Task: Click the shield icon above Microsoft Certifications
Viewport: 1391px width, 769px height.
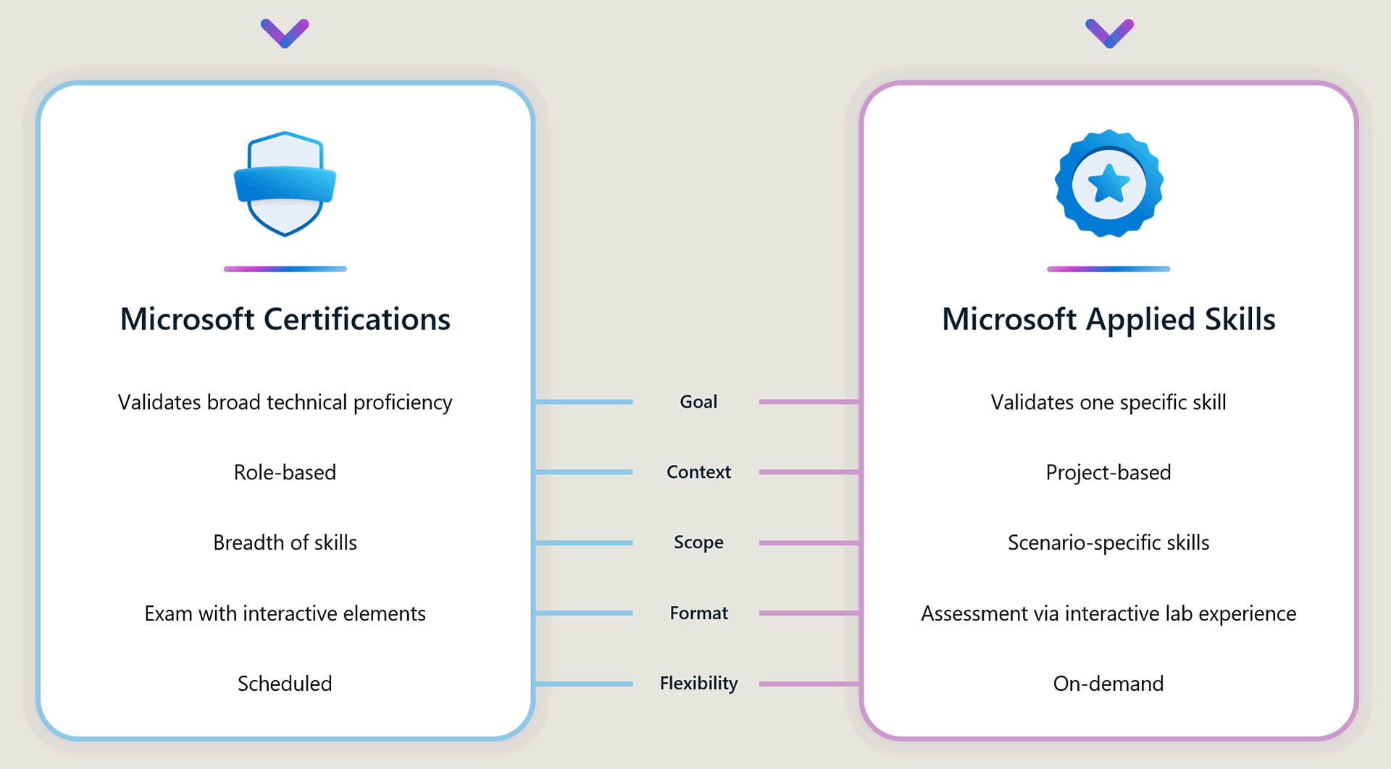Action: click(x=285, y=184)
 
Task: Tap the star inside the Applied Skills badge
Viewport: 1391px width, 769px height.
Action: click(x=1108, y=184)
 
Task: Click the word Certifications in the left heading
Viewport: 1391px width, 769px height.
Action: click(x=356, y=319)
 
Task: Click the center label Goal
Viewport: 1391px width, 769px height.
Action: click(x=698, y=402)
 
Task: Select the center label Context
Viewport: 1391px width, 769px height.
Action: click(x=698, y=472)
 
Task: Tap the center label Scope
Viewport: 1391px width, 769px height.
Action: click(x=698, y=542)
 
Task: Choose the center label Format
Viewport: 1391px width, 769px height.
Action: click(x=698, y=613)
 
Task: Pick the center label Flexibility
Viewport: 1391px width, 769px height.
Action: click(x=698, y=684)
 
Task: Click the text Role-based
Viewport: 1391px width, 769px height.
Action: click(x=285, y=472)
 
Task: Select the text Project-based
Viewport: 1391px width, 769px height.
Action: click(x=1108, y=472)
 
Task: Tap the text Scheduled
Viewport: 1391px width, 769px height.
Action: click(x=285, y=684)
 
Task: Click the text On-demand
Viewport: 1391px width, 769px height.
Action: click(x=1108, y=684)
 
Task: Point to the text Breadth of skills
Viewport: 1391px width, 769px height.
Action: click(x=285, y=542)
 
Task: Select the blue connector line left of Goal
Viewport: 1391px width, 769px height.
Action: click(x=584, y=402)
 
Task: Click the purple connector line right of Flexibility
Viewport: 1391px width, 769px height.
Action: click(x=809, y=684)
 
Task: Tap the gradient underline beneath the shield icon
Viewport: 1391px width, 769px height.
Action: click(x=285, y=269)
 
